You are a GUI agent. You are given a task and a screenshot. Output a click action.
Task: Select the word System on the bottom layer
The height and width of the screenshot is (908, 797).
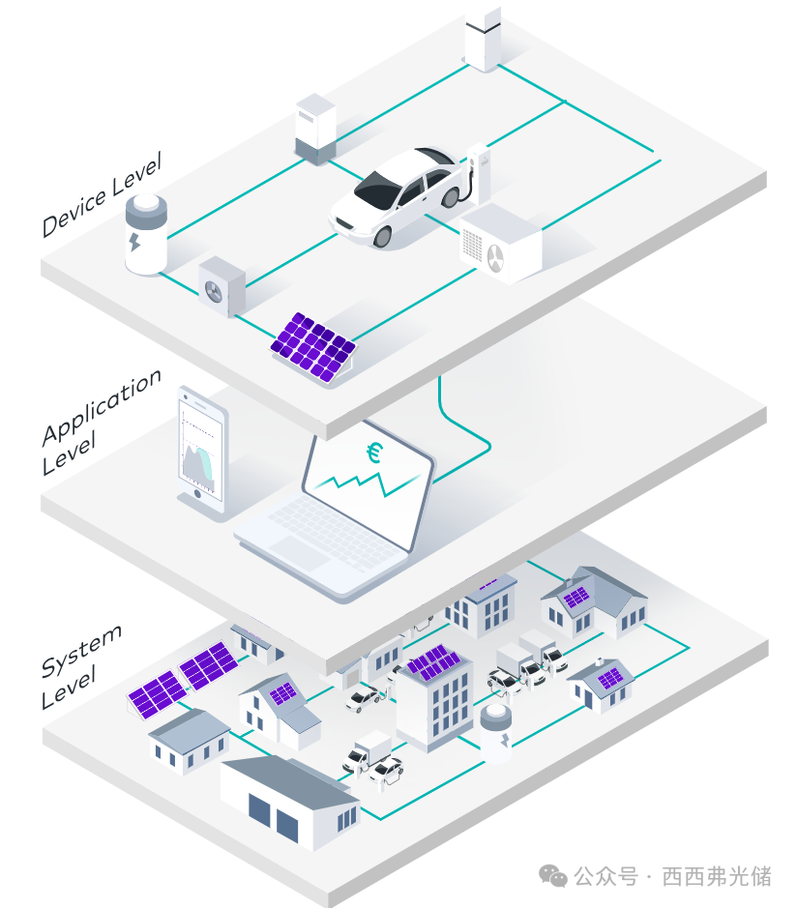click(81, 651)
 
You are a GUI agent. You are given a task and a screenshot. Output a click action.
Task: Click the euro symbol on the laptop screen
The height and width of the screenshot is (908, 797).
click(374, 453)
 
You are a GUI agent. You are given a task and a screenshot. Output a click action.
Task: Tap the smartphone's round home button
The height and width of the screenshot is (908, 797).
click(197, 494)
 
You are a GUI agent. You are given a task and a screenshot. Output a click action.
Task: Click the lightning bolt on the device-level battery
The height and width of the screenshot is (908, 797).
click(135, 242)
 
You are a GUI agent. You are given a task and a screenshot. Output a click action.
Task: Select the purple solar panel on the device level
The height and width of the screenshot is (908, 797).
click(313, 347)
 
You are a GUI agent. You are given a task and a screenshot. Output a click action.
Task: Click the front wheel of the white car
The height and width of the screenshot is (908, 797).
click(382, 236)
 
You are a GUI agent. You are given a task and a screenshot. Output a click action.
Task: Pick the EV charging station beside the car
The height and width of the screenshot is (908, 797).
click(479, 173)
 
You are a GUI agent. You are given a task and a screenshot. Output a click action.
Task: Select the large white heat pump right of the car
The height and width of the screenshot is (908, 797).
click(501, 244)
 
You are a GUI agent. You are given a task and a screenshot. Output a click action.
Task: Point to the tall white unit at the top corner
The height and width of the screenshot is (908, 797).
click(483, 38)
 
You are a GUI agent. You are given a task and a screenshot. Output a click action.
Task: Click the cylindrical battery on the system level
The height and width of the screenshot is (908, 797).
click(496, 732)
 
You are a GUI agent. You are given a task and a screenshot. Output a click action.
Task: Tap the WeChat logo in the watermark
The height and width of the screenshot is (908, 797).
click(552, 875)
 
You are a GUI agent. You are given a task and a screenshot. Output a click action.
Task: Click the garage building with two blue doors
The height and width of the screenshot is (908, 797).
click(290, 802)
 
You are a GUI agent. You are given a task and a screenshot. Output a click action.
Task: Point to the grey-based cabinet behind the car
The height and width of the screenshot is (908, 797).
click(315, 130)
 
